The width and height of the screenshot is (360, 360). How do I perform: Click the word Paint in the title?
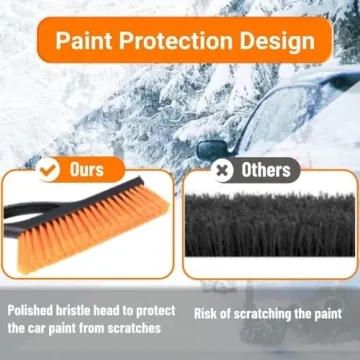coord(88,43)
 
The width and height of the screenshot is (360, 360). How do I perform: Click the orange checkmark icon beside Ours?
coord(47,169)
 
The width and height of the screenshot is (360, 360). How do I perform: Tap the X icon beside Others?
coord(223,170)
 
